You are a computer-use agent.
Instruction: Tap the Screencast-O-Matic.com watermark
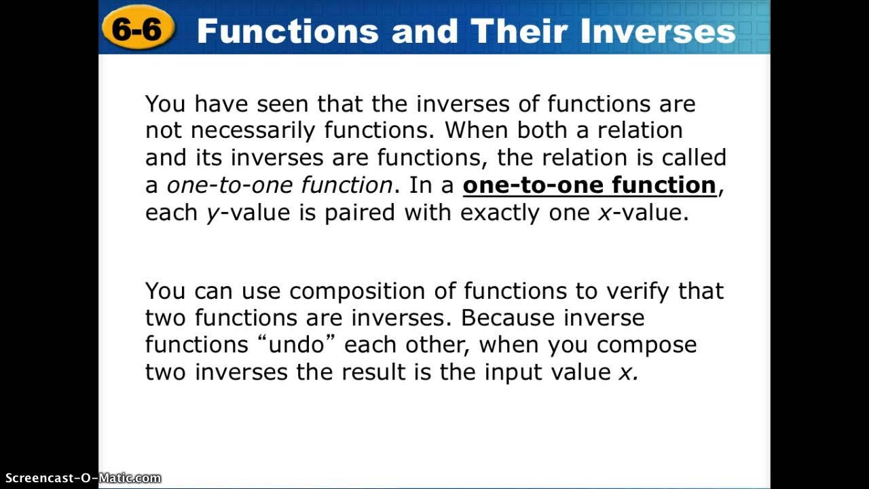[x=81, y=478]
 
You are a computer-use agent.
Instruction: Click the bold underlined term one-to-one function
[x=589, y=185]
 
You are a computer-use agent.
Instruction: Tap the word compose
[x=646, y=345]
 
